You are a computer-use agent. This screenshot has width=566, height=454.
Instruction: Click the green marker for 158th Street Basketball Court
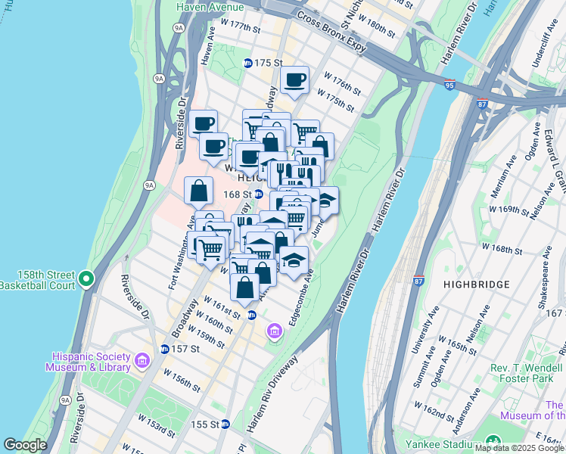(86, 280)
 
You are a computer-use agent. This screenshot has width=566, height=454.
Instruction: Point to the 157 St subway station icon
(165, 349)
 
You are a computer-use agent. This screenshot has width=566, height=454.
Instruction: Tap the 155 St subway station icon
(225, 424)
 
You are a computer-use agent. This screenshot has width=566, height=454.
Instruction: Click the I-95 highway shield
(449, 85)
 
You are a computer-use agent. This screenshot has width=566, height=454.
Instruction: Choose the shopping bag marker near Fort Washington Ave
(198, 191)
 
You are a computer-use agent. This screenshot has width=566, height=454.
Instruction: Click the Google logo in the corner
(25, 445)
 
